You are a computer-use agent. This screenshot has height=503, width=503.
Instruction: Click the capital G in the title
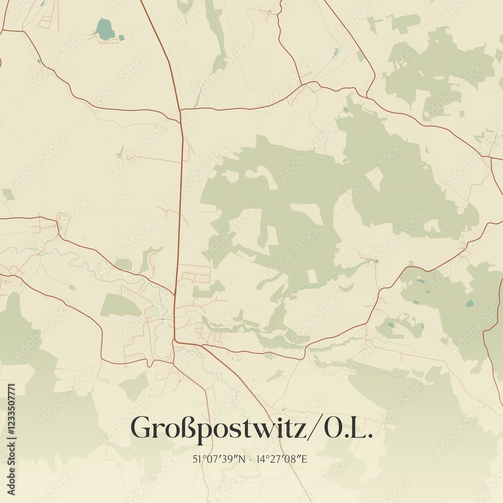click(141, 428)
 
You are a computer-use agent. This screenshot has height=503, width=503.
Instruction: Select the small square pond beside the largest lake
click(120, 36)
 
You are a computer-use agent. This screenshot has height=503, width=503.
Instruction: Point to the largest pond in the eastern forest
click(469, 303)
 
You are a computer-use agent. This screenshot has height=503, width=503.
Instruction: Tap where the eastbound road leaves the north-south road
click(181, 109)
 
